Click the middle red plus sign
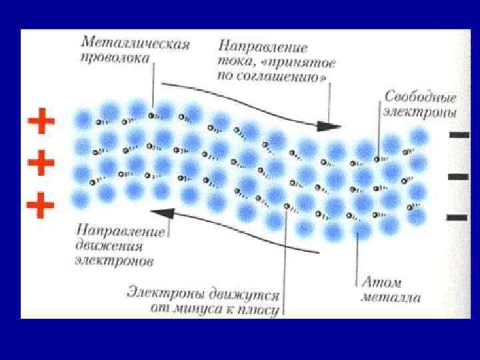coord(40,161)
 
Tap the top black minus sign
coord(459,134)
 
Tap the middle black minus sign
coord(459,176)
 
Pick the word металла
coord(391,297)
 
